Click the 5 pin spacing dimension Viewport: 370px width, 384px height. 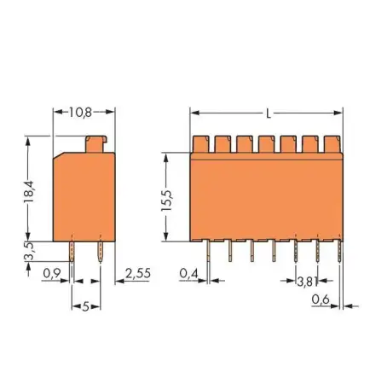[85, 305]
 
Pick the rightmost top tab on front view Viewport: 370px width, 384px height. [332, 142]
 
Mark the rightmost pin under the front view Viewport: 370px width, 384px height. [340, 250]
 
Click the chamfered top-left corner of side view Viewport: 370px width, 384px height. [59, 156]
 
